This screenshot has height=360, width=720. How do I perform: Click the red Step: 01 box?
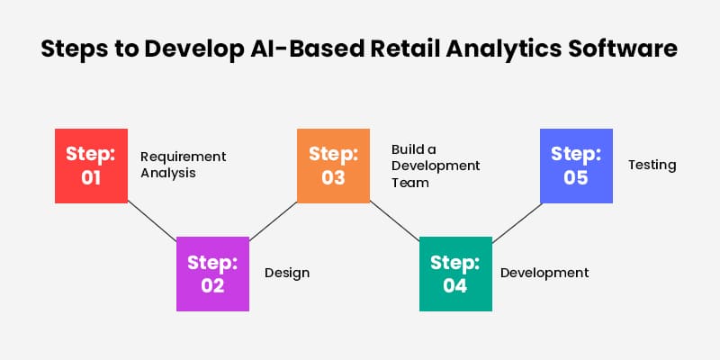coord(91,165)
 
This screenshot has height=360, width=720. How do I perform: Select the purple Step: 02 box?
coord(212,274)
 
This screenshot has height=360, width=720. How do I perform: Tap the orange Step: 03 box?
coord(334,165)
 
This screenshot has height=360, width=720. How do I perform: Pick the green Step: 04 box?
coord(455,274)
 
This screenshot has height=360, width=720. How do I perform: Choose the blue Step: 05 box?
coord(576,165)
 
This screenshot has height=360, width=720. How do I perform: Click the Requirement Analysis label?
coord(183,165)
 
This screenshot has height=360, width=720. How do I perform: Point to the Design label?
coord(286,273)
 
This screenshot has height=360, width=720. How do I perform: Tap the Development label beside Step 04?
coord(544,273)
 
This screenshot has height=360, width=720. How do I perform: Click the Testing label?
coord(652,166)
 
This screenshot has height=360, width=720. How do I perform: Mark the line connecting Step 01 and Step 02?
coord(152,220)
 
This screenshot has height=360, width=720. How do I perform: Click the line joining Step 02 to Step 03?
coord(273,220)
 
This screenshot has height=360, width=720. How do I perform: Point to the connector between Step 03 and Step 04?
coord(394,220)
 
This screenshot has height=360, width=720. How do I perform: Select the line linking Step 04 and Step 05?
coord(516,220)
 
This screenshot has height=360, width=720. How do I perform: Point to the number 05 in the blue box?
coord(576,178)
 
